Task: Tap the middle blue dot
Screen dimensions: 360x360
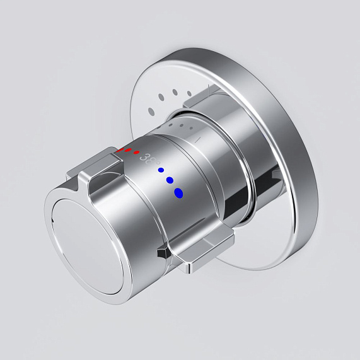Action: [170, 180]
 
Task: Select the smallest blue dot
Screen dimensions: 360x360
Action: [161, 170]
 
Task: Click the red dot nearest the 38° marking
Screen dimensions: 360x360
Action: [136, 153]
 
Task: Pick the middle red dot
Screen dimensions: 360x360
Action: [128, 151]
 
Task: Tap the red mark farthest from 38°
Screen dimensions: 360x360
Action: [120, 151]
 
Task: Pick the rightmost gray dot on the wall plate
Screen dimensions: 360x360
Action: [189, 95]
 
